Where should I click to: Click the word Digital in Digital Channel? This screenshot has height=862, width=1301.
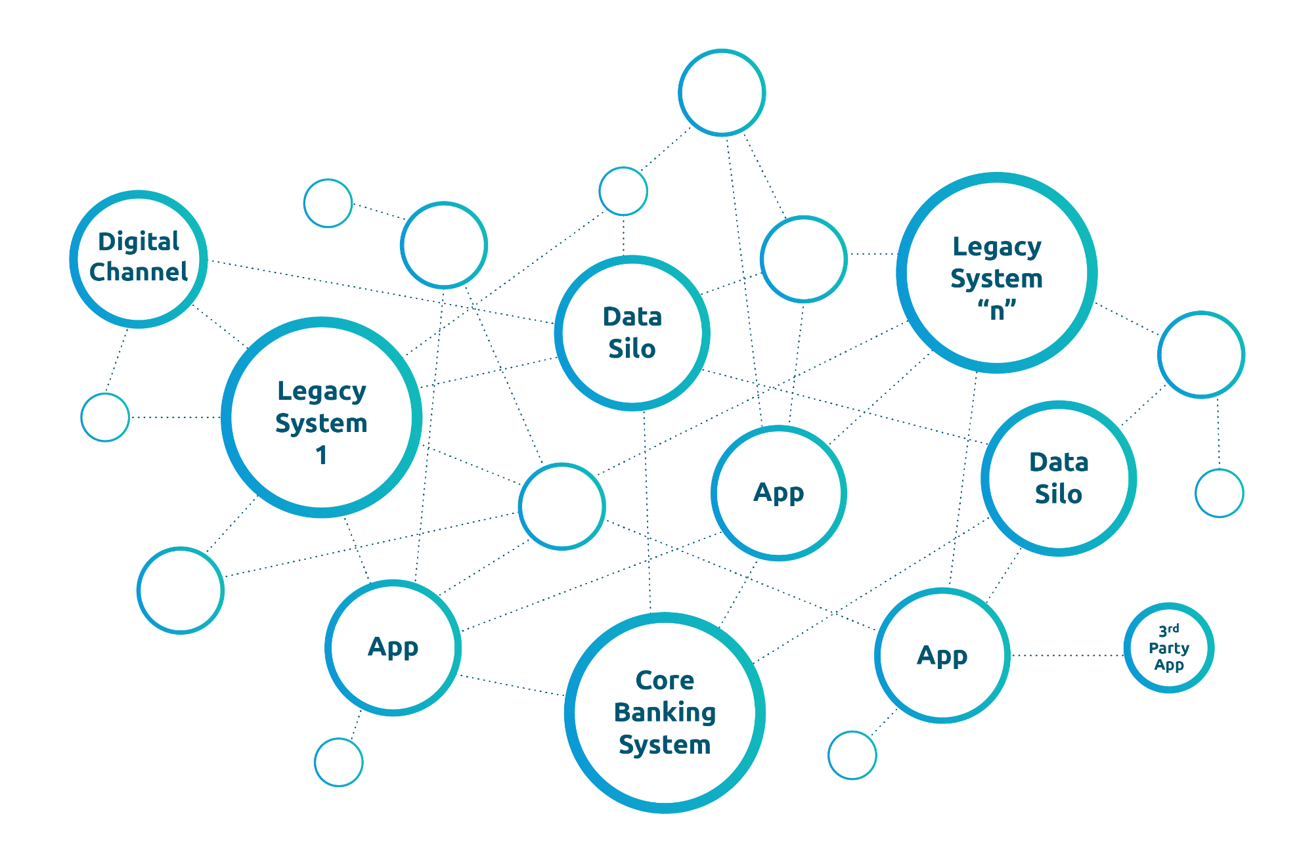139,242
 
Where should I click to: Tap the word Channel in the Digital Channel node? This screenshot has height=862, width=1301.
139,272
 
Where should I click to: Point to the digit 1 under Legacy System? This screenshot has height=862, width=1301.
321,455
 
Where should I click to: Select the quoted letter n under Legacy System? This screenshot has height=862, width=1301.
997,311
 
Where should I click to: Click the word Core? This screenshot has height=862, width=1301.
665,681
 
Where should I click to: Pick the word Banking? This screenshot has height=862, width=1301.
665,712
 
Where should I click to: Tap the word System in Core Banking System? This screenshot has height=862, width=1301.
665,744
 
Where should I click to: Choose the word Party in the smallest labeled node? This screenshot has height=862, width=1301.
1169,648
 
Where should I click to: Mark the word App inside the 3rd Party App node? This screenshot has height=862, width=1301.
1169,664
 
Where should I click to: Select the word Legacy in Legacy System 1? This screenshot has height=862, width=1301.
321,391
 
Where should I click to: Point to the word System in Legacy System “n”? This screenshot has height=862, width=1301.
997,278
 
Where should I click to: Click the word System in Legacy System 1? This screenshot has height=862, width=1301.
321,423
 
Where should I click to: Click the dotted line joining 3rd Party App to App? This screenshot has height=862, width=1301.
1067,655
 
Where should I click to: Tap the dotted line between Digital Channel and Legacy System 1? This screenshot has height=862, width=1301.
220,326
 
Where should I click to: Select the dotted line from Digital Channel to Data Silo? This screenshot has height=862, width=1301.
381,291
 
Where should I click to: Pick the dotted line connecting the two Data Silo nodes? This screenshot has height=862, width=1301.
847,407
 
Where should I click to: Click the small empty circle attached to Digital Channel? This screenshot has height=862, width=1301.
105,417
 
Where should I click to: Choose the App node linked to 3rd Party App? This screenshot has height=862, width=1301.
942,655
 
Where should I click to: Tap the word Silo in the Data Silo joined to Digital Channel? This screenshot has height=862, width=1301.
632,349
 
